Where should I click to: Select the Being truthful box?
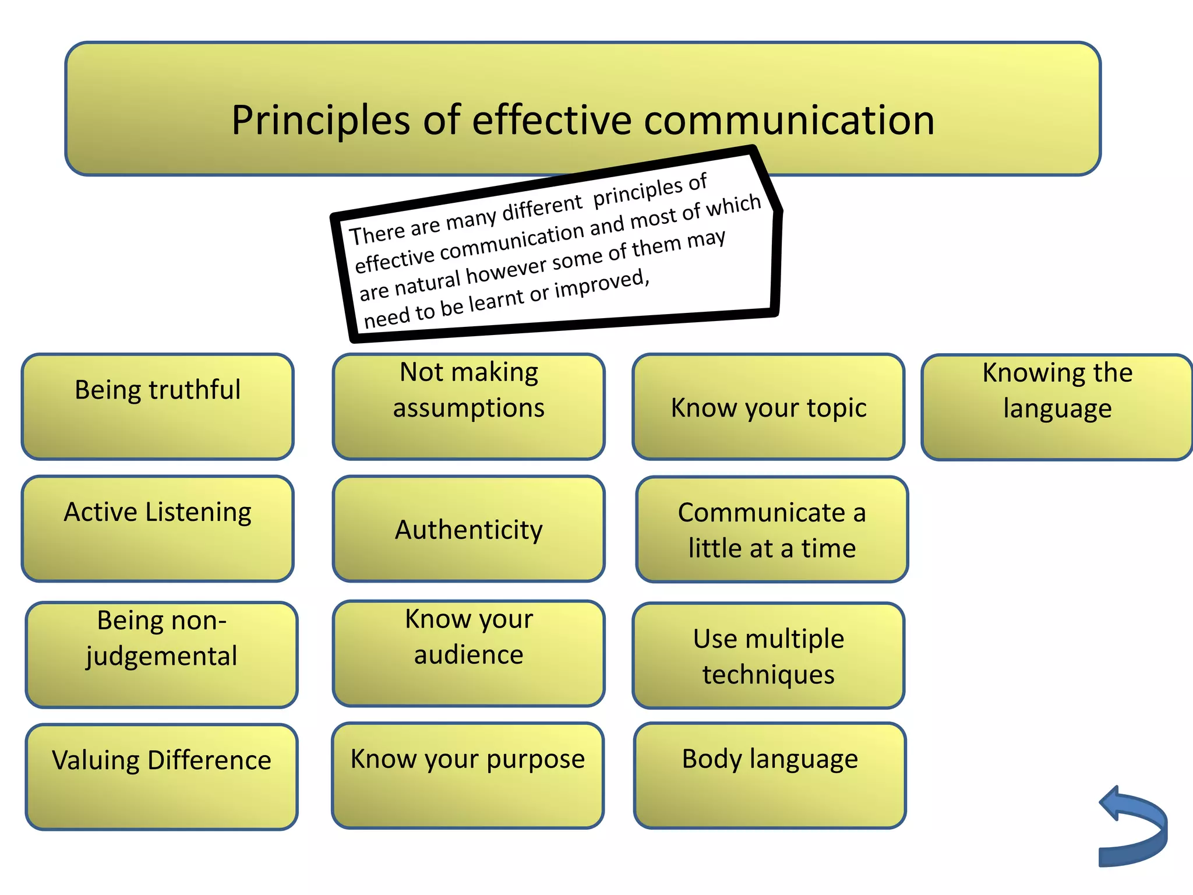(x=158, y=407)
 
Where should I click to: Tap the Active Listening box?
(x=158, y=528)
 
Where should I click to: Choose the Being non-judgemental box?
(x=162, y=654)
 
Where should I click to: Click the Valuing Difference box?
(x=162, y=777)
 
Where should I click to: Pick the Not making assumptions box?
(x=469, y=407)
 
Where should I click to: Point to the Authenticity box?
(x=469, y=529)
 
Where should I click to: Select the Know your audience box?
(x=469, y=653)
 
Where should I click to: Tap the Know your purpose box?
(x=468, y=776)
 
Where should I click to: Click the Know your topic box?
(x=768, y=407)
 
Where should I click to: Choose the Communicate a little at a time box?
(x=772, y=530)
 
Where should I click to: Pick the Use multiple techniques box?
(x=768, y=656)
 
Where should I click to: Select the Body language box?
(x=770, y=776)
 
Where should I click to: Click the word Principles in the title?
(x=321, y=121)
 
